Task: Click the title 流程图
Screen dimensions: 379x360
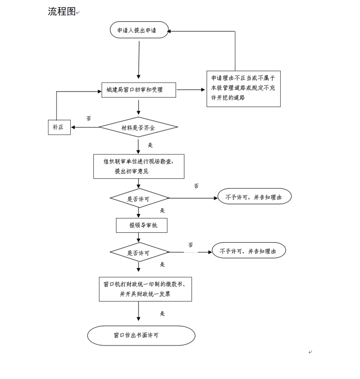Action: (62, 11)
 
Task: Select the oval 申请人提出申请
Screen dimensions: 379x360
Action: (139, 30)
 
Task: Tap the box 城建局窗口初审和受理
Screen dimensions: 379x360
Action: (138, 90)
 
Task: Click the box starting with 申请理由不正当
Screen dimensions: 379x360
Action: (243, 89)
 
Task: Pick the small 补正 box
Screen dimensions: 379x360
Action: (59, 127)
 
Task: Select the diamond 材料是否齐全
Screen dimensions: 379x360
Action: (138, 127)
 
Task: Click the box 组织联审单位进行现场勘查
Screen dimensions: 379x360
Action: (139, 166)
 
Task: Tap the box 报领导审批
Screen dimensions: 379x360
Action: (142, 226)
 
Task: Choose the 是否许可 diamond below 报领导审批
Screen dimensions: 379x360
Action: (139, 253)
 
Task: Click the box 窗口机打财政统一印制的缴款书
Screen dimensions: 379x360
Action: (145, 289)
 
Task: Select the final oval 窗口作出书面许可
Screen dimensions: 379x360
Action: (141, 336)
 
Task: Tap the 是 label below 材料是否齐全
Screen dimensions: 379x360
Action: (150, 145)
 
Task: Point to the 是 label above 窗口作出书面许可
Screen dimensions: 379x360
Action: (162, 313)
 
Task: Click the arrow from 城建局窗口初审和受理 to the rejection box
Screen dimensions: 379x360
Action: (191, 90)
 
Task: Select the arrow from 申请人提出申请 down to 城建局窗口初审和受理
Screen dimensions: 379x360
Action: (139, 59)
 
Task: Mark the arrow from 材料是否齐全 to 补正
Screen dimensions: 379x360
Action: (85, 127)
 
